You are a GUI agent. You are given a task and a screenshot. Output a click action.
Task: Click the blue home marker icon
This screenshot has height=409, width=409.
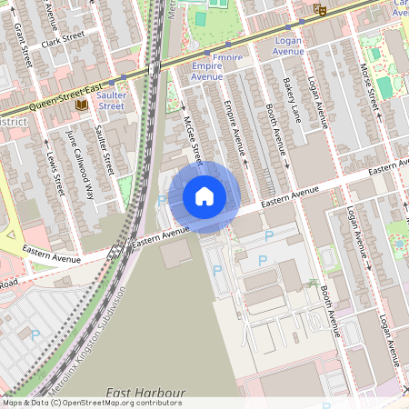204,196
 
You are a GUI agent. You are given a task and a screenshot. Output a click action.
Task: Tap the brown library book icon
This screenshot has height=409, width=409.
81,105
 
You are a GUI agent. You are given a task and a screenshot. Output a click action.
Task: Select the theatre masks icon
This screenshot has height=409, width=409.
320,9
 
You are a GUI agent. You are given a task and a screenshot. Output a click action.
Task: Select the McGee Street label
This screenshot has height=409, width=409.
191,136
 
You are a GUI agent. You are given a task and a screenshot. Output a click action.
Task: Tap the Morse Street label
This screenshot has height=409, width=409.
370,80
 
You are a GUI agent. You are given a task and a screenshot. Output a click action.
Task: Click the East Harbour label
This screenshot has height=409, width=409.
145,393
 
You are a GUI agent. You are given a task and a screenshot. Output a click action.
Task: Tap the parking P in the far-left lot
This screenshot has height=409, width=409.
35,334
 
